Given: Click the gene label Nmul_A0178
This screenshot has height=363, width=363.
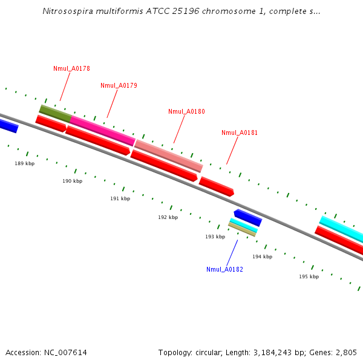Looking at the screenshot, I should coord(71,68).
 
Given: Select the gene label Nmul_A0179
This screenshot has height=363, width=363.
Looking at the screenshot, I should coord(119,85).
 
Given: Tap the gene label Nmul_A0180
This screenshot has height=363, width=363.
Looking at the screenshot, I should coord(186,111).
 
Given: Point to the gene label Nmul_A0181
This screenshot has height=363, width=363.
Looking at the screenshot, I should coord(240,132).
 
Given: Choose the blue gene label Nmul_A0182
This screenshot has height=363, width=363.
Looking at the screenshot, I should coord(224,269).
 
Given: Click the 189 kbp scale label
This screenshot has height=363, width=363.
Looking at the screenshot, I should coord(25,163).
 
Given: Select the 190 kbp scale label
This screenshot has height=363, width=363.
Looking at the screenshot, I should coord(72,181).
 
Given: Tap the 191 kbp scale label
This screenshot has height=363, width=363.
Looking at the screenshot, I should coord(120,198).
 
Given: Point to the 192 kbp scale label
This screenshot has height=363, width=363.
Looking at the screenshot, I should coord(168,217).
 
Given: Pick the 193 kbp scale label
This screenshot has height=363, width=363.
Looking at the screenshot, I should coord(215,237).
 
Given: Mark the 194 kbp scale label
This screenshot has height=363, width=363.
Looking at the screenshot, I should coord(262,257).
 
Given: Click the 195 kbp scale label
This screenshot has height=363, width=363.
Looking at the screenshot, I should coord(309,276).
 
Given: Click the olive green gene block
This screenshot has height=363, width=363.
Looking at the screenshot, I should coord(55,113).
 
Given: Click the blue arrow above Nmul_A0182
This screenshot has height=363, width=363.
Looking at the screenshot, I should coord(247,217).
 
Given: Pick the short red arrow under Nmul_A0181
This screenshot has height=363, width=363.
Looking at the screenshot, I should coord(216,186).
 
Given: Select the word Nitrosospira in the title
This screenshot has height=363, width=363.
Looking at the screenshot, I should coord(66,11).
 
